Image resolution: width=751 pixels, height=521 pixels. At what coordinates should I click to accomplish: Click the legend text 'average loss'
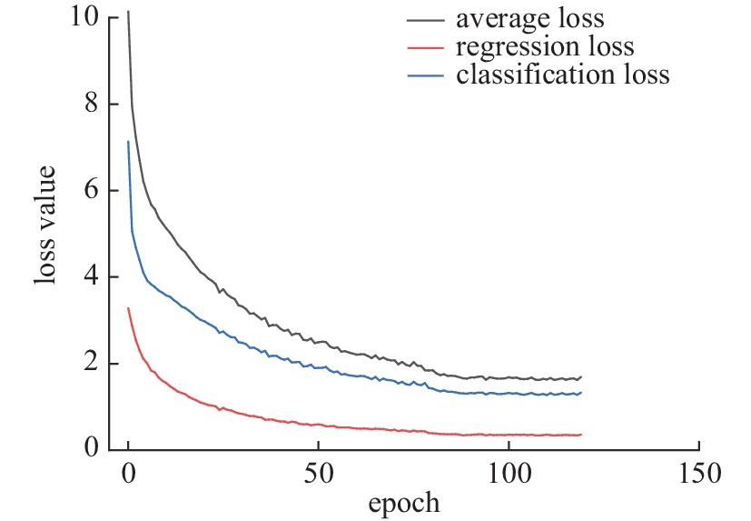529,18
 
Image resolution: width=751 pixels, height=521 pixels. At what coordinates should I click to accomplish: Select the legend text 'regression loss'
545,45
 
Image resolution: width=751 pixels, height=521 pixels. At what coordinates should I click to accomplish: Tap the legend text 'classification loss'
563,74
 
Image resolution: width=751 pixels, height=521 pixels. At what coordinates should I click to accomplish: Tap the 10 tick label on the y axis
86,16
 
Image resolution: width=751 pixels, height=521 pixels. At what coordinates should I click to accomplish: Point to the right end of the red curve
580,435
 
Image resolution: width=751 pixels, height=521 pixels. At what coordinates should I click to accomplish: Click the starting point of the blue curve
128,141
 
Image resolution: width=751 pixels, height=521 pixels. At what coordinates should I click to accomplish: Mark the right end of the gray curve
580,376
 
